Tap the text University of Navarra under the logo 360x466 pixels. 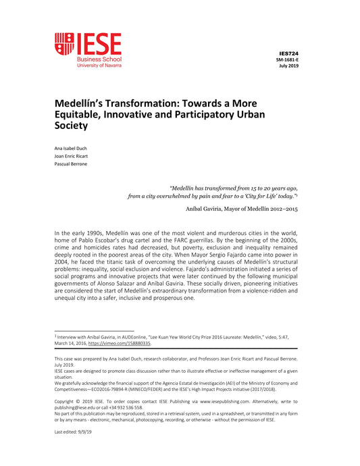click(x=99, y=66)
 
